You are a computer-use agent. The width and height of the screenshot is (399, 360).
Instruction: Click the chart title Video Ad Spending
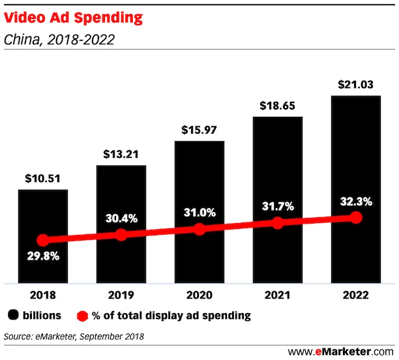pyautogui.click(x=73, y=18)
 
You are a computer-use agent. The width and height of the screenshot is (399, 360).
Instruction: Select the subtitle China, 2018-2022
pyautogui.click(x=59, y=40)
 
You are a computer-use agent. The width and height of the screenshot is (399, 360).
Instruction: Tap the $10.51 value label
pyautogui.click(x=42, y=179)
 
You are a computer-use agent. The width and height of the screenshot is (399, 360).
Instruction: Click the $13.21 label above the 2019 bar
pyautogui.click(x=121, y=154)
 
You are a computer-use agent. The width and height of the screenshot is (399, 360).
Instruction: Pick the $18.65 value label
pyautogui.click(x=277, y=106)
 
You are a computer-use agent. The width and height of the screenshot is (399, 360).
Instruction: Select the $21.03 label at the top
pyautogui.click(x=355, y=85)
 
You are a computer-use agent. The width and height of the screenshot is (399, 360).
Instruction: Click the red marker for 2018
pyautogui.click(x=43, y=240)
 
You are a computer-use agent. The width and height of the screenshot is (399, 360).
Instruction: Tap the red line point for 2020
pyautogui.click(x=199, y=229)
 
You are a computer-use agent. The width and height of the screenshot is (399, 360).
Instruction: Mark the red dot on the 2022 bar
pyautogui.click(x=356, y=217)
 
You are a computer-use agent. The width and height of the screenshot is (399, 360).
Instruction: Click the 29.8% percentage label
pyautogui.click(x=42, y=256)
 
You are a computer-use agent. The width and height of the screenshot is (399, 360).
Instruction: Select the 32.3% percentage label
pyautogui.click(x=355, y=202)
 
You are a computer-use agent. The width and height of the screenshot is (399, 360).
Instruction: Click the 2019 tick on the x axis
pyautogui.click(x=121, y=295)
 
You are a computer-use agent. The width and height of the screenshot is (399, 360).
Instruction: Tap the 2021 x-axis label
pyautogui.click(x=277, y=295)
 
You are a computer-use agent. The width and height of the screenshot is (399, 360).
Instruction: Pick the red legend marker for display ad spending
pyautogui.click(x=82, y=316)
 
